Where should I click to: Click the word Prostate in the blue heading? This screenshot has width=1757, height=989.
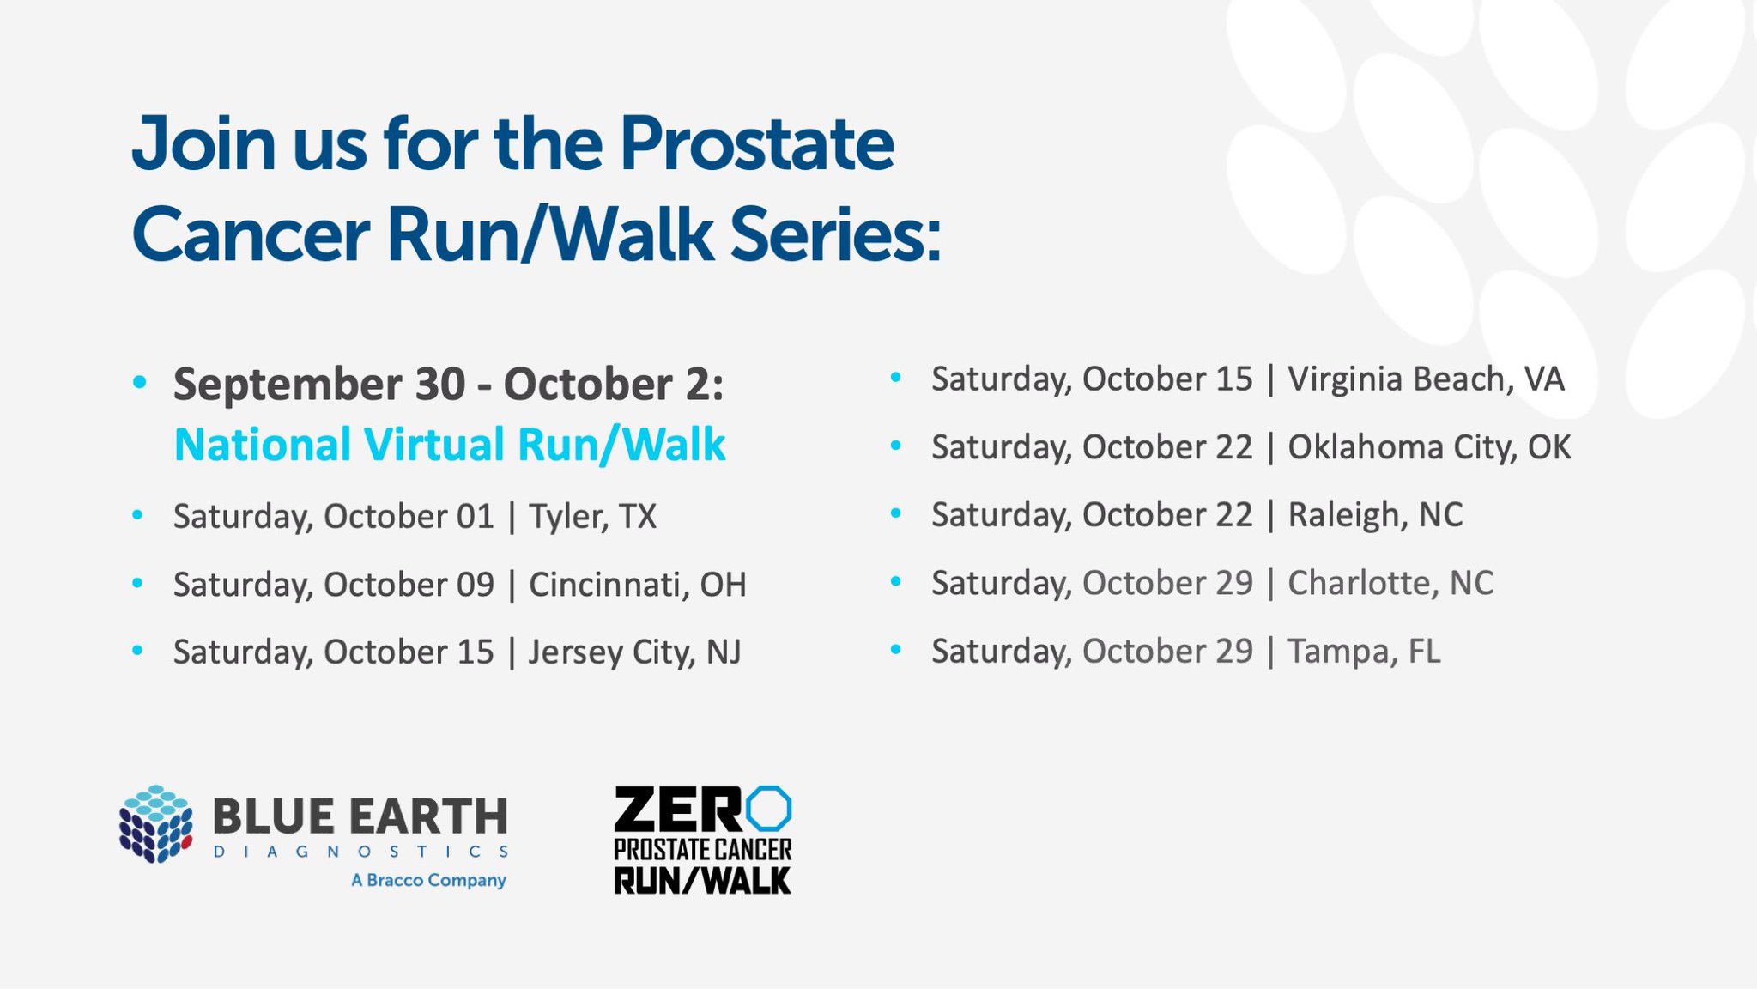[x=756, y=144]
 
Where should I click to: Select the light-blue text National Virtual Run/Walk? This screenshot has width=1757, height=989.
[x=450, y=445]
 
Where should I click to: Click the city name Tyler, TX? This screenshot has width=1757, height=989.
[x=592, y=517]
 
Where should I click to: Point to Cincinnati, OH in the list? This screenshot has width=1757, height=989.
[x=638, y=585]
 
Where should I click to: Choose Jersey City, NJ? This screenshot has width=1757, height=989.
[x=634, y=652]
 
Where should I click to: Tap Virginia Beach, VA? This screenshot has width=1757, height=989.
[x=1426, y=379]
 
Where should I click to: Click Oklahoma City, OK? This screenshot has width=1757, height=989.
[x=1429, y=447]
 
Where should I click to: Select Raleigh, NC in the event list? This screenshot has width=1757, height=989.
[x=1375, y=515]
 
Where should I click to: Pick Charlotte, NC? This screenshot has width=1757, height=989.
[x=1390, y=583]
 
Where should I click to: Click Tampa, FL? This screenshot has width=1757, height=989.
[x=1364, y=651]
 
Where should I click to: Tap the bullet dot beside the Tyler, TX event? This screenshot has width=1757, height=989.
[x=137, y=515]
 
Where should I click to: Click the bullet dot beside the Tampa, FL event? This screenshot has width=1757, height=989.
[x=896, y=650]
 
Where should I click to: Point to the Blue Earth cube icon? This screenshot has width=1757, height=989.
[x=155, y=823]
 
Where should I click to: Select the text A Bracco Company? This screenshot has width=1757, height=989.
[x=428, y=881]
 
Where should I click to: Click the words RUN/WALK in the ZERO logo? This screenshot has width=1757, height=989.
[x=702, y=881]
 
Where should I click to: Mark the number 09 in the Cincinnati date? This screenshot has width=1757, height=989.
[x=476, y=585]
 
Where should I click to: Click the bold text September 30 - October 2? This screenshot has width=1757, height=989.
[x=449, y=384]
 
